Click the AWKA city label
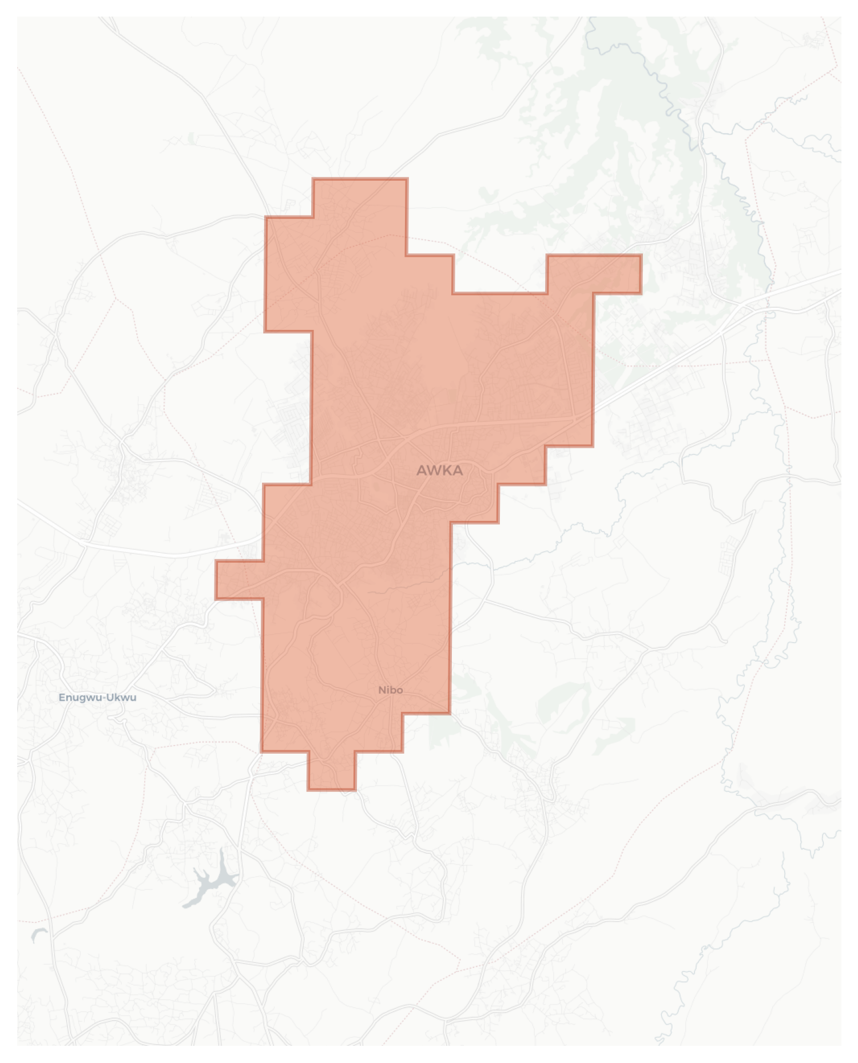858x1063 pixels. (439, 471)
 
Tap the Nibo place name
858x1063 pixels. (391, 690)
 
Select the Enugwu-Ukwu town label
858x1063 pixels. (97, 697)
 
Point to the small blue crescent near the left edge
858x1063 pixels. (38, 934)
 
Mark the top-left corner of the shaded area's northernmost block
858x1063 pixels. (313, 180)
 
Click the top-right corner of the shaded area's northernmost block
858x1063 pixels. (407, 180)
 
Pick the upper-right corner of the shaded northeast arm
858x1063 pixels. (640, 256)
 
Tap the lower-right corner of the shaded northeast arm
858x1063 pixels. (640, 293)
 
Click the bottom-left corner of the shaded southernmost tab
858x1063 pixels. (308, 790)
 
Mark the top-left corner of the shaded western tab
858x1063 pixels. (216, 562)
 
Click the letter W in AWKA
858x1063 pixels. (434, 471)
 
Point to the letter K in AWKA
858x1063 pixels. (447, 471)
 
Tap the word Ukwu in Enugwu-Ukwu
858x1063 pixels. (123, 697)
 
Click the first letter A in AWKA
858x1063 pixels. (422, 471)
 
